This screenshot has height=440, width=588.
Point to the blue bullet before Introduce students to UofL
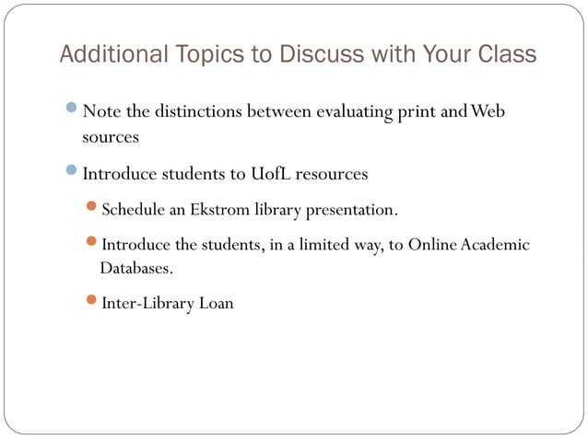73,172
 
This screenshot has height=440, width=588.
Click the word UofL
270,173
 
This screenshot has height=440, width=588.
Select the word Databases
135,269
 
